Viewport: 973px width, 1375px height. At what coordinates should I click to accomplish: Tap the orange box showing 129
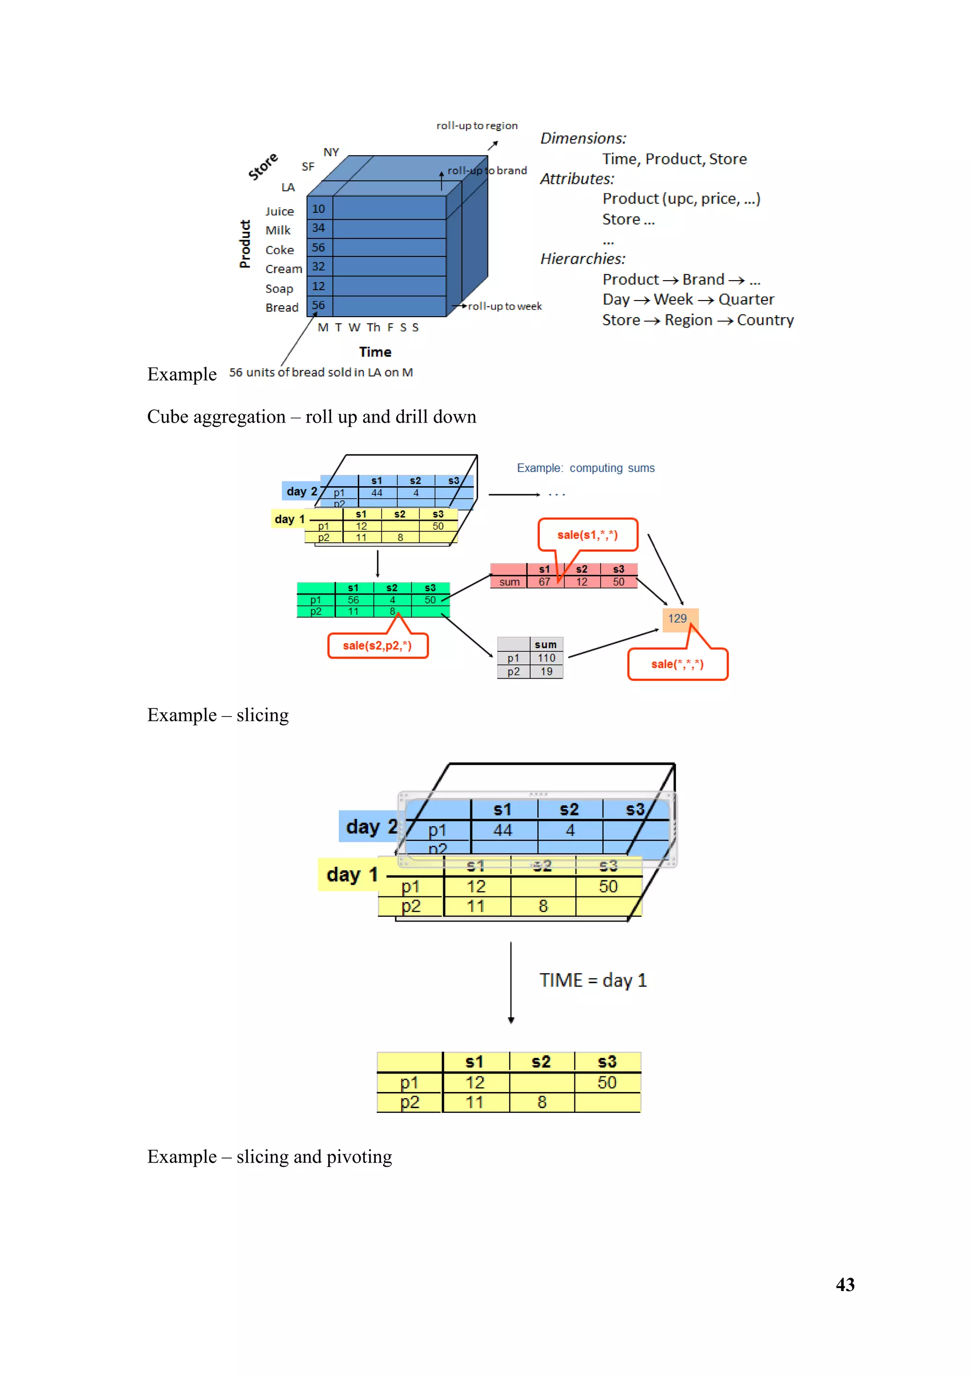[x=677, y=619]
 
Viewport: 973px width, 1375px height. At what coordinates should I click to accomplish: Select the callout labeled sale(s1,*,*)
[x=587, y=535]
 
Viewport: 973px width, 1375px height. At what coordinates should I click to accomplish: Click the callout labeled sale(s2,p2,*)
[x=377, y=646]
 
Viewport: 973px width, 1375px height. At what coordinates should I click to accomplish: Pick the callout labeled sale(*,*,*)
[x=677, y=664]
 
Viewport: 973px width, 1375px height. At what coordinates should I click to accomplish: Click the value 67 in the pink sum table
[x=544, y=582]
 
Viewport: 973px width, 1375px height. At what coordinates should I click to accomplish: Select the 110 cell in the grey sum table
[x=546, y=658]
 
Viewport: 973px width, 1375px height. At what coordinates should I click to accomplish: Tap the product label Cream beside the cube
[x=283, y=269]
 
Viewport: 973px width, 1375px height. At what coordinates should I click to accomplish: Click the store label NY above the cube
[x=331, y=152]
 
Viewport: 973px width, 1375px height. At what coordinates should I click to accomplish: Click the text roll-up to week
[x=505, y=306]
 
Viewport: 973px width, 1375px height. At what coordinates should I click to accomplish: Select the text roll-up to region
[x=477, y=125]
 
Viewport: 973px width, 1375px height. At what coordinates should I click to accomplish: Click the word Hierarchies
[x=582, y=259]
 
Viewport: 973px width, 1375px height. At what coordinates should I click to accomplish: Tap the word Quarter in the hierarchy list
[x=746, y=300]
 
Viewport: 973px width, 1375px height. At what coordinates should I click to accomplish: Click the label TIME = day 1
[x=592, y=980]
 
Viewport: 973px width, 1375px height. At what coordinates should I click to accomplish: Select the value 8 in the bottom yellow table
[x=542, y=1102]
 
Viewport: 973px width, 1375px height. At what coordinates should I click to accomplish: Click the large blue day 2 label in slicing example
[x=371, y=827]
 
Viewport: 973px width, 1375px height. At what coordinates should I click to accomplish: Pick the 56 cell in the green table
[x=353, y=600]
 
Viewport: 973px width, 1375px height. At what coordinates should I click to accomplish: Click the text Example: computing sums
[x=585, y=468]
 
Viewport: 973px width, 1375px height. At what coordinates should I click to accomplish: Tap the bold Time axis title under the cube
[x=375, y=352]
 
